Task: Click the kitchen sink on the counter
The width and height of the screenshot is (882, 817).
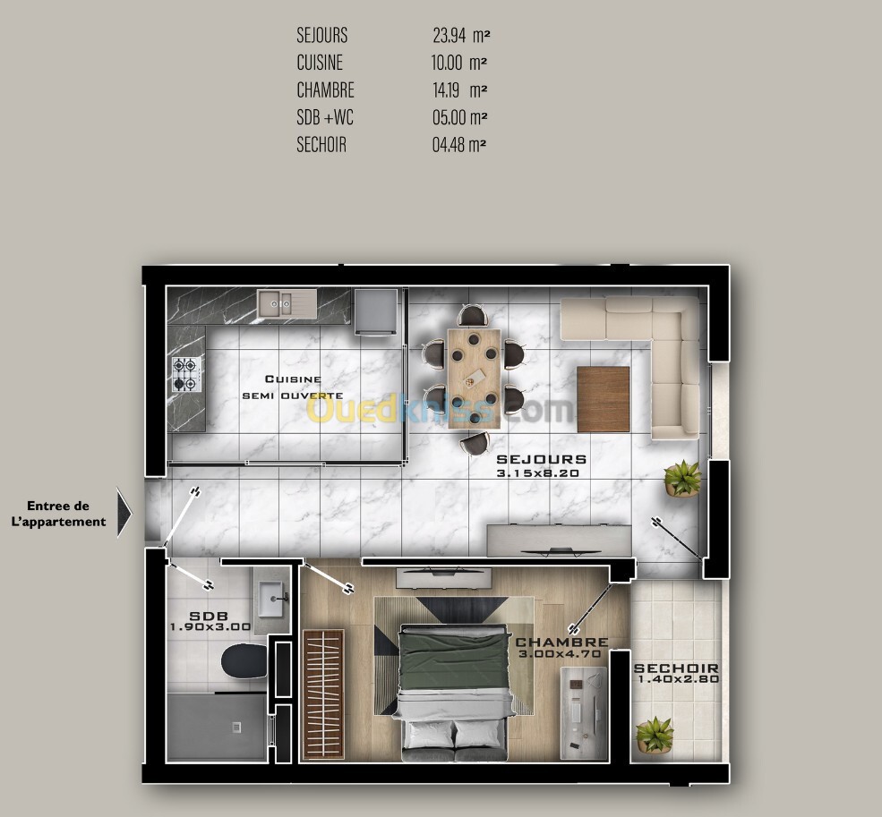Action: point(287,303)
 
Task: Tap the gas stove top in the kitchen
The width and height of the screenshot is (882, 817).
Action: point(186,374)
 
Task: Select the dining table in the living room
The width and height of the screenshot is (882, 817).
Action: point(474,379)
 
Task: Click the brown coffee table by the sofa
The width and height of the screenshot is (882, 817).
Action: point(603,399)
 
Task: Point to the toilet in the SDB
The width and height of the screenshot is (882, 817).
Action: point(244,661)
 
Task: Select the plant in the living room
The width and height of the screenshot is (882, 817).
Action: point(682,479)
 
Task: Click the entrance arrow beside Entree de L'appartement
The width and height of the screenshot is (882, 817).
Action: point(124,512)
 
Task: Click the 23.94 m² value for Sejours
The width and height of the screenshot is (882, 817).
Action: point(461,36)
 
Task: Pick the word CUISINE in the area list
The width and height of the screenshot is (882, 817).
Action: point(320,63)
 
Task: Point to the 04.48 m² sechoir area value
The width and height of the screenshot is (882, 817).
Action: point(459,144)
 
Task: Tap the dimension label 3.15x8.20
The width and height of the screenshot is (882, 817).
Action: point(538,473)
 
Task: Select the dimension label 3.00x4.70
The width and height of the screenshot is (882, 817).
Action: point(560,654)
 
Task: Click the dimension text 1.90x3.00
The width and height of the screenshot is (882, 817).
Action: point(210,626)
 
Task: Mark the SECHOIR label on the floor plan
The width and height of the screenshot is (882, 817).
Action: point(676,668)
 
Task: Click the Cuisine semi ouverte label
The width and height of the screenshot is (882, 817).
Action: point(293,387)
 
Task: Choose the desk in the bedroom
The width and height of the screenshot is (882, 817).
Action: point(584,711)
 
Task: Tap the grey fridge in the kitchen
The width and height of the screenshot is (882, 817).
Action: point(376,311)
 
